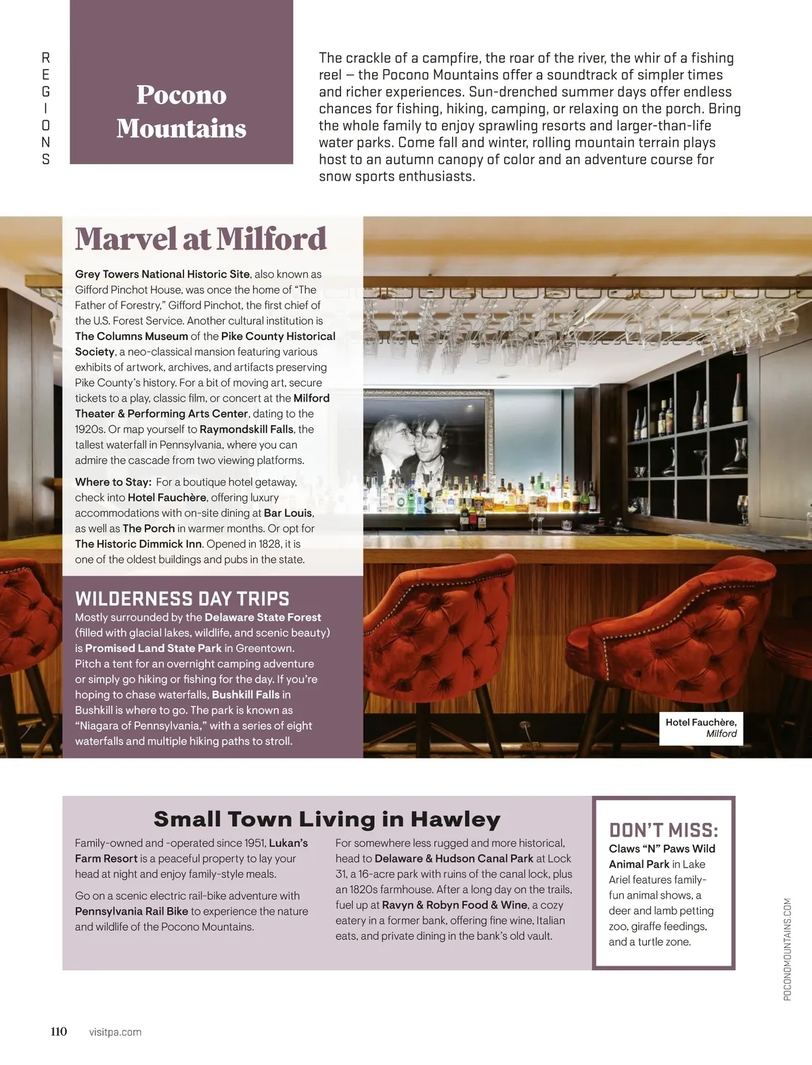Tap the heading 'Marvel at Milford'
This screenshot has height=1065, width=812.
201,239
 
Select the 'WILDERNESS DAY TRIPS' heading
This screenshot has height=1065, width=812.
182,599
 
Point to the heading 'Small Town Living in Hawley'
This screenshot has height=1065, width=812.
327,819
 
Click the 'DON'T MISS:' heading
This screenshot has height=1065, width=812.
663,830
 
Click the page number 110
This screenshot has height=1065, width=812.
59,1031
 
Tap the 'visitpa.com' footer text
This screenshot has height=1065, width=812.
115,1032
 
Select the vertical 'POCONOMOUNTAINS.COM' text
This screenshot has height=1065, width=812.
787,949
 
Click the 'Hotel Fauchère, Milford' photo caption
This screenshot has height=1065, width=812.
701,728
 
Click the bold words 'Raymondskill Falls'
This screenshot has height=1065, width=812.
246,429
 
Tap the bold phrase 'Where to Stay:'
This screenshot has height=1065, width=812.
113,482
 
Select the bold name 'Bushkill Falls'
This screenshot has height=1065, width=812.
246,694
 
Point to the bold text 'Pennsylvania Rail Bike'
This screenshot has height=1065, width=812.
131,912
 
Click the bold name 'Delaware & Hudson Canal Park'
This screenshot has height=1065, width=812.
453,859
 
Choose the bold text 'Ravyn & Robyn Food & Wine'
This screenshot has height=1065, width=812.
454,905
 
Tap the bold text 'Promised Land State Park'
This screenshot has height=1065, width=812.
153,648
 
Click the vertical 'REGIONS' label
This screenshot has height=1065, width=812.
45,108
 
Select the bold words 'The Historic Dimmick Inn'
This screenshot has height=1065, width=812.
139,544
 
